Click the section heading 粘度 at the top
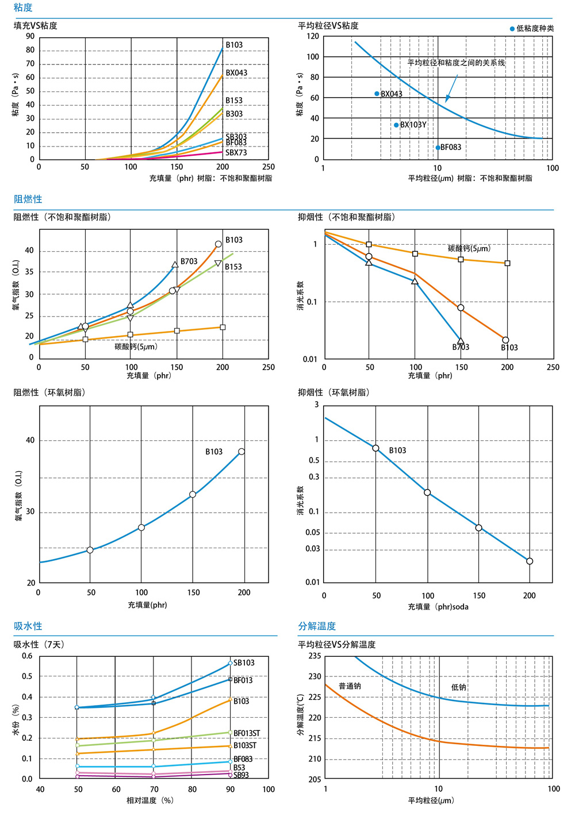(x=23, y=7)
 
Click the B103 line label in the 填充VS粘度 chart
(x=234, y=45)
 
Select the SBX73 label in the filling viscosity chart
(x=236, y=153)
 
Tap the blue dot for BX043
(x=377, y=94)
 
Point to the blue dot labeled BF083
(x=438, y=148)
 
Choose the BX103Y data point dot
(x=396, y=125)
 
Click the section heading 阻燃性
(x=28, y=199)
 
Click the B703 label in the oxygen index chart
(x=189, y=261)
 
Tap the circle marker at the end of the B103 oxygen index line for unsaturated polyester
(x=218, y=244)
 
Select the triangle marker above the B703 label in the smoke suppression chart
(x=461, y=341)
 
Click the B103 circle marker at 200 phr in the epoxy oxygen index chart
(x=241, y=452)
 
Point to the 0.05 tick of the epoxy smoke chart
(x=313, y=532)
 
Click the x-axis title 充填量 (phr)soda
(x=438, y=607)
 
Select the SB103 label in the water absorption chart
(x=244, y=663)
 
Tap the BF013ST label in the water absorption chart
(x=247, y=733)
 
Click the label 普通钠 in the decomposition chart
(x=350, y=686)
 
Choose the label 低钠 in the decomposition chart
(x=458, y=687)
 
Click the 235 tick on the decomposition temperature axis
(x=315, y=656)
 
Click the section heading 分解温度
(x=317, y=626)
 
